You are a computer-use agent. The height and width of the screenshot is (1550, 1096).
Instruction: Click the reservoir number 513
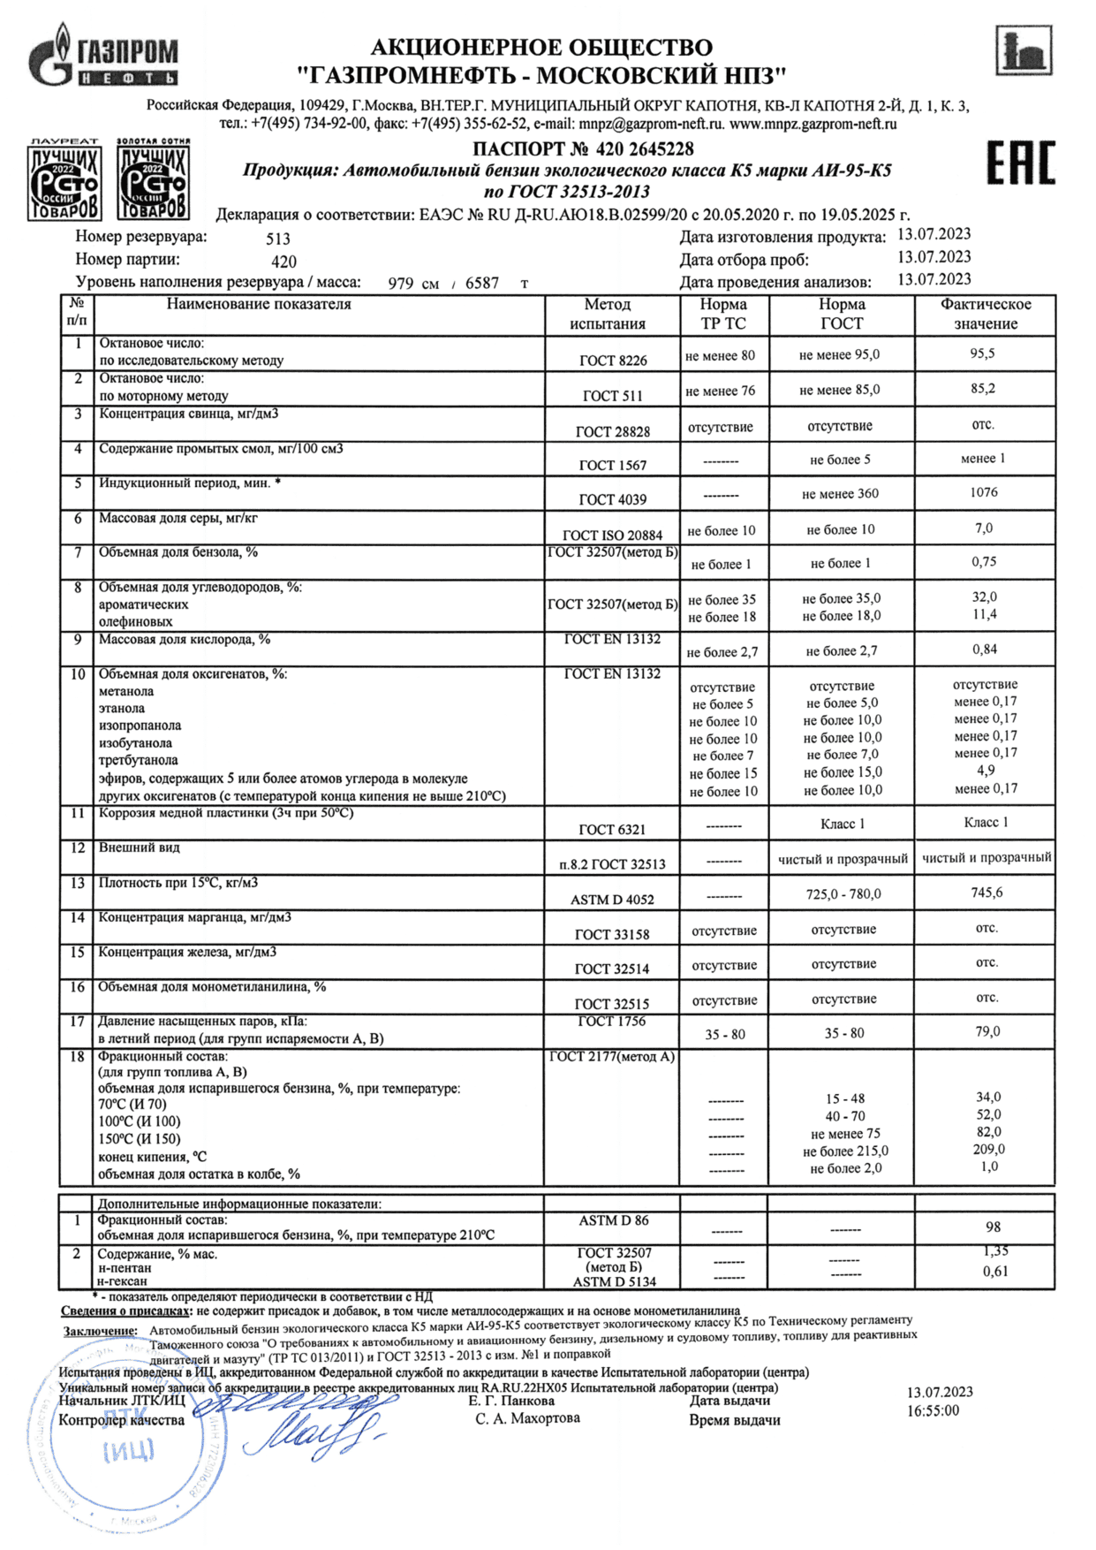click(278, 239)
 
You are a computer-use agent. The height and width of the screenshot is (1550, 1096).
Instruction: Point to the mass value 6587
click(482, 284)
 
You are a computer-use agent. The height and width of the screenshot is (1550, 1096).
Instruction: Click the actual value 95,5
click(982, 353)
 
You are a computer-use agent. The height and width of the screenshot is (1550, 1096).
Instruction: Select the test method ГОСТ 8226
click(612, 361)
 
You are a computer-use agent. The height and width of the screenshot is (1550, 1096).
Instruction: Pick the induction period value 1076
click(983, 492)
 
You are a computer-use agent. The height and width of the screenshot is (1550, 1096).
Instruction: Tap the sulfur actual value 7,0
click(983, 528)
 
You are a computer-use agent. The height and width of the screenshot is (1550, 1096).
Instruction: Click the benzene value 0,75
click(984, 561)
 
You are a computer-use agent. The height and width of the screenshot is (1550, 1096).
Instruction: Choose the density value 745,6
click(986, 893)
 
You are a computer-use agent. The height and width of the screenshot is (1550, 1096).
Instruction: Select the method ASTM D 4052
click(612, 900)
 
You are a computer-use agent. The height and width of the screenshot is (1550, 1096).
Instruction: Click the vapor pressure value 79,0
click(987, 1031)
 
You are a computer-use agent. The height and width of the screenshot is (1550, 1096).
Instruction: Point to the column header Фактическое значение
click(985, 314)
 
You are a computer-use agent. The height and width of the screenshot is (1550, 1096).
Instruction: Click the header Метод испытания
click(608, 314)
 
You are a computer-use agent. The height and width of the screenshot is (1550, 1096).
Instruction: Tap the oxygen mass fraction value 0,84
click(984, 649)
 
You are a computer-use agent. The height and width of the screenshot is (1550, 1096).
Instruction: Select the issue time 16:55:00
click(933, 1411)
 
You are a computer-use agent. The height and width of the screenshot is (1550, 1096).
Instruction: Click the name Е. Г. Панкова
click(511, 1401)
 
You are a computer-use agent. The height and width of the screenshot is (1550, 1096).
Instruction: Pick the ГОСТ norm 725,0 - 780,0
click(843, 894)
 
